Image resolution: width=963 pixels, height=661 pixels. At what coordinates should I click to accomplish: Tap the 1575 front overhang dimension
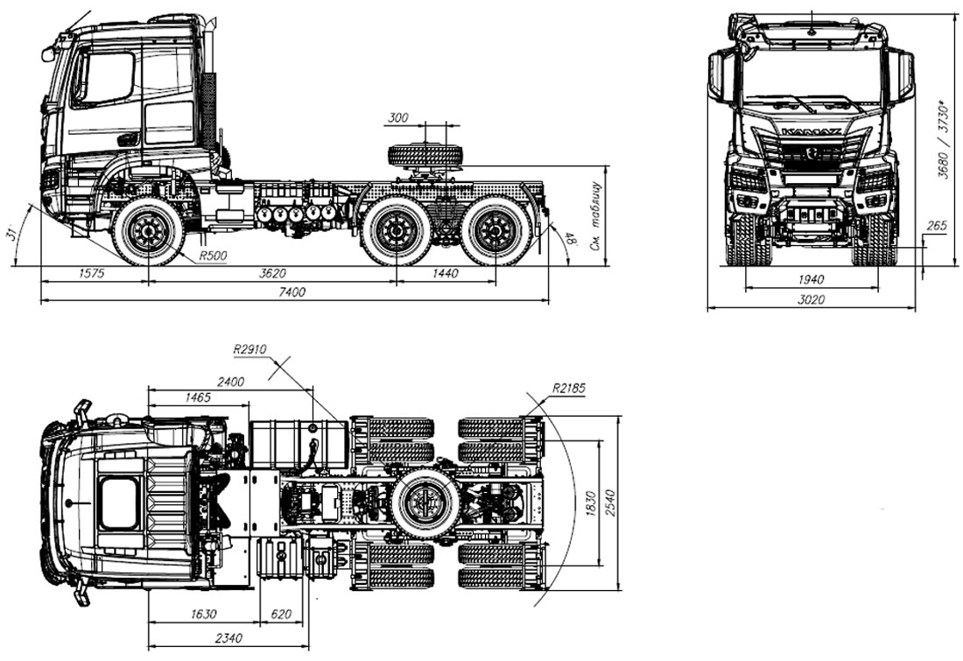click(91, 273)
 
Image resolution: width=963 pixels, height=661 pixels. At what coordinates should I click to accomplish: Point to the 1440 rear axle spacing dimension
click(446, 273)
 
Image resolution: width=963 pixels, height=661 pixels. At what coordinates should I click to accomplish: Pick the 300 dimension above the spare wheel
click(399, 117)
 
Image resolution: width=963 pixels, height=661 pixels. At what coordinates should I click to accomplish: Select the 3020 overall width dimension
click(811, 299)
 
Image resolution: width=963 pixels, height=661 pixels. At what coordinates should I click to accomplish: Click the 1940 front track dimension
click(811, 279)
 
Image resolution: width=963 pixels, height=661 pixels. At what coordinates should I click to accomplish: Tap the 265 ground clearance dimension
click(936, 227)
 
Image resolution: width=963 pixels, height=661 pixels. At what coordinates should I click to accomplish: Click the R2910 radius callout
click(250, 348)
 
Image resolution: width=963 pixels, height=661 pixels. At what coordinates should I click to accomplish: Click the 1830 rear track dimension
click(591, 506)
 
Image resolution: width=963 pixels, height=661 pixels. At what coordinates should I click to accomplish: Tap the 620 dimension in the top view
click(281, 615)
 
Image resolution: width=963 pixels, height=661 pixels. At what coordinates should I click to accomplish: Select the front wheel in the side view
click(147, 231)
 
